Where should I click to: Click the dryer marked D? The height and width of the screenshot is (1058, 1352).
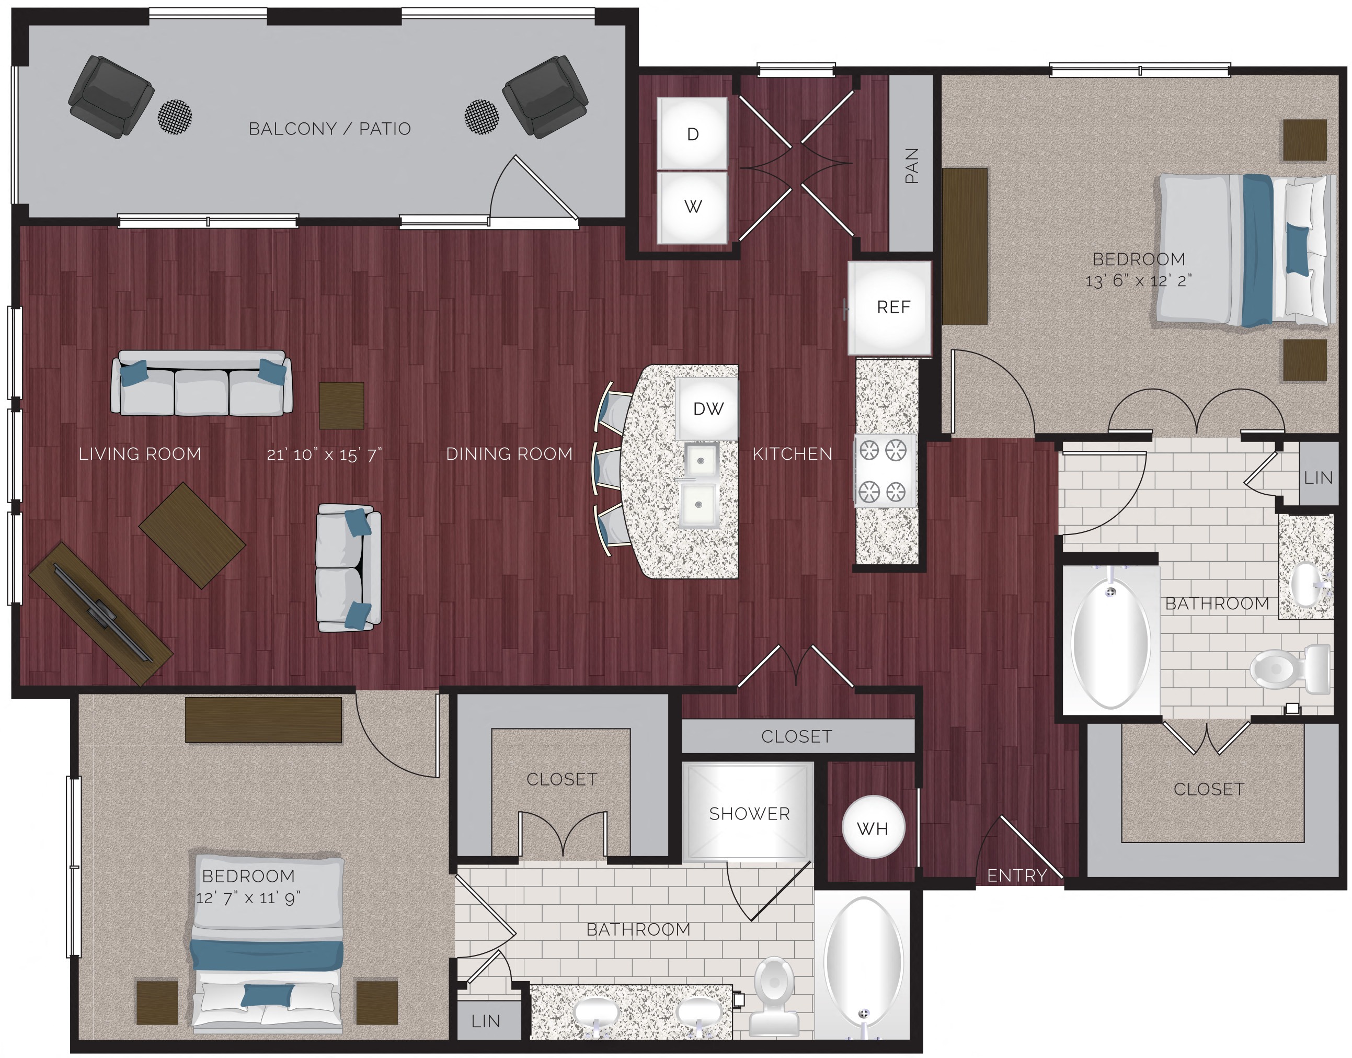coord(692,133)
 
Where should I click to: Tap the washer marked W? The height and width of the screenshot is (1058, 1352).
coord(692,206)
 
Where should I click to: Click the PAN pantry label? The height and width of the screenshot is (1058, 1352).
coord(911,165)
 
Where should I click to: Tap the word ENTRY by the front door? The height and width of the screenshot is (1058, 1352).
coord(1016,875)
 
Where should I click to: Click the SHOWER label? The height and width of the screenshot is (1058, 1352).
coord(749,813)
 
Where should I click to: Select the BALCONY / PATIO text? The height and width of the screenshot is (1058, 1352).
coord(329,129)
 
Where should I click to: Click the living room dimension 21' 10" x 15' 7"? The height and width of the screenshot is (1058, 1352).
coord(324,454)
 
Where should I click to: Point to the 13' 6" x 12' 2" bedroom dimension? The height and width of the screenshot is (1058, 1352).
coord(1138,281)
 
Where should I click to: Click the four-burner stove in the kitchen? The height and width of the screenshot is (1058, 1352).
coord(885,471)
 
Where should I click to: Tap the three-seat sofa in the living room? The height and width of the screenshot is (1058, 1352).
coord(201,384)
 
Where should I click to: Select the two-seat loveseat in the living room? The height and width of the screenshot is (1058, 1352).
coord(348,567)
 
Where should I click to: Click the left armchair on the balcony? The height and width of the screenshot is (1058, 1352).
coord(110,96)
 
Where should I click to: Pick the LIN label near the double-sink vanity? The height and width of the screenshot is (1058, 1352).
coord(486,1021)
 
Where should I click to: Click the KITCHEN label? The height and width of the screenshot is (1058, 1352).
coord(792,454)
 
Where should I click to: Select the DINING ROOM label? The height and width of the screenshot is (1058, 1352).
coord(509,454)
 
